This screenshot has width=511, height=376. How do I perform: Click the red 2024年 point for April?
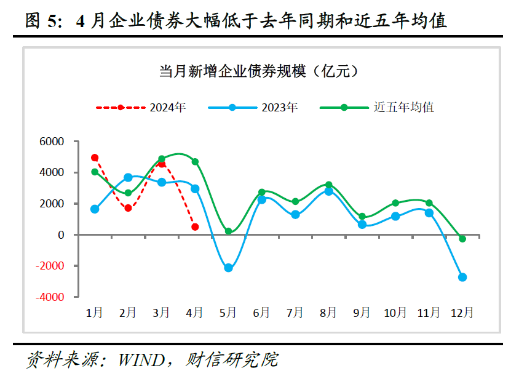point(195,227)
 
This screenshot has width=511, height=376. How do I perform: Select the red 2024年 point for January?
point(95,158)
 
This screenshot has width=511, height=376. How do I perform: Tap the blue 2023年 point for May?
point(228,268)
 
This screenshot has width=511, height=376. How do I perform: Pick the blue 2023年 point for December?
point(462,277)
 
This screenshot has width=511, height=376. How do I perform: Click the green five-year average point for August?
point(329,185)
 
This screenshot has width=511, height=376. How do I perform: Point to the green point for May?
point(228,231)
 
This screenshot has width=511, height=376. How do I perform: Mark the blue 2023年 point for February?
point(128,177)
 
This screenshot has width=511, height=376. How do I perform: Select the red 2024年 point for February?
point(128,208)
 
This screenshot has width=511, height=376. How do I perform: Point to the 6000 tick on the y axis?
point(52,142)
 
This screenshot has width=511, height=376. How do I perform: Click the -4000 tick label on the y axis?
point(50,297)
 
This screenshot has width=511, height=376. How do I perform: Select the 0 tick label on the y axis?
point(61,234)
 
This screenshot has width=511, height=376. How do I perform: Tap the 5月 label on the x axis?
point(228,313)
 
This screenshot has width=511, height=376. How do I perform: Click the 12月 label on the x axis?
point(462,313)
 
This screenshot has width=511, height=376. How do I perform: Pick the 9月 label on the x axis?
point(362,313)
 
